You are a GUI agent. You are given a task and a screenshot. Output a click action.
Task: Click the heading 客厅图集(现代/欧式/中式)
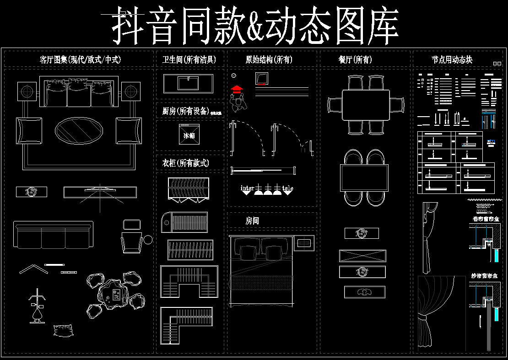tap(80, 59)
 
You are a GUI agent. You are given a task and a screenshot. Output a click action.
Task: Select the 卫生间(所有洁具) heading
tap(189, 59)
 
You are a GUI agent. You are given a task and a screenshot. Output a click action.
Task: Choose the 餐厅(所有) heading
tap(355, 59)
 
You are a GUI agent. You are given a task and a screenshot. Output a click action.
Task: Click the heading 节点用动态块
tap(452, 59)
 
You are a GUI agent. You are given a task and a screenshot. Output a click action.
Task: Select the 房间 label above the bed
tap(252, 221)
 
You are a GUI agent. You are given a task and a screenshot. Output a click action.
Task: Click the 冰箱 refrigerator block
tap(189, 135)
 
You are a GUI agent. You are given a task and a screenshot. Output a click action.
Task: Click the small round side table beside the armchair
tap(148, 239)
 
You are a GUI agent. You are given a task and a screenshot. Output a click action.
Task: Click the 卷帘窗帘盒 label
tap(486, 219)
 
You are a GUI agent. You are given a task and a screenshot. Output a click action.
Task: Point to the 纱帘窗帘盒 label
tap(486, 276)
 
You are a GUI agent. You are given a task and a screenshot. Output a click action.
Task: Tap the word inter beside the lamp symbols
tap(247, 188)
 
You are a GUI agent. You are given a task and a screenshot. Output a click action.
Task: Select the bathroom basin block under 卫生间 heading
tap(188, 83)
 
